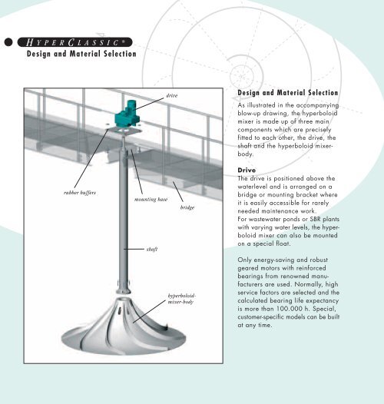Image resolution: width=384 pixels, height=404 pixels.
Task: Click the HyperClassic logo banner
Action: [74, 42]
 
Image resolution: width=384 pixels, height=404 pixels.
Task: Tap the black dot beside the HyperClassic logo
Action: [8, 42]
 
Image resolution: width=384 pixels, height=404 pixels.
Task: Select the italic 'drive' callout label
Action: [171, 95]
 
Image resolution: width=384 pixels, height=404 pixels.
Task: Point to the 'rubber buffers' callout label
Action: [80, 193]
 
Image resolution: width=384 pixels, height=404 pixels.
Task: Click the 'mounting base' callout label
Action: [151, 200]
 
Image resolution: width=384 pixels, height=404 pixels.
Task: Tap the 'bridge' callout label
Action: [187, 207]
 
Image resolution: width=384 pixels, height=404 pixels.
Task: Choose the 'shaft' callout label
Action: [152, 249]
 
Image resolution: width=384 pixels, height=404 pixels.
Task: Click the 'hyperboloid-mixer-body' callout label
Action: [182, 299]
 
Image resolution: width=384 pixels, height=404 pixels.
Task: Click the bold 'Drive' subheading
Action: [247, 170]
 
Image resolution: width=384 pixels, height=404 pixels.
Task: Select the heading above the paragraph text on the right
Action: [287, 93]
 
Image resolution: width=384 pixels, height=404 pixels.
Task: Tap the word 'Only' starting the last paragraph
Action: [244, 260]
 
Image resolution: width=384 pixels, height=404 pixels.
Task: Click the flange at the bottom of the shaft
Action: [124, 291]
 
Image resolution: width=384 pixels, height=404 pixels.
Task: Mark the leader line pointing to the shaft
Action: [134, 249]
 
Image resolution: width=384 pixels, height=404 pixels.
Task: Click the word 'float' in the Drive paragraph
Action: [283, 243]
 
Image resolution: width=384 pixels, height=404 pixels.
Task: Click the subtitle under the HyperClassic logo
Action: [81, 54]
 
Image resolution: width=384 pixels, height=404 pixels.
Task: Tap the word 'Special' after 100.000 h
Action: [327, 309]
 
